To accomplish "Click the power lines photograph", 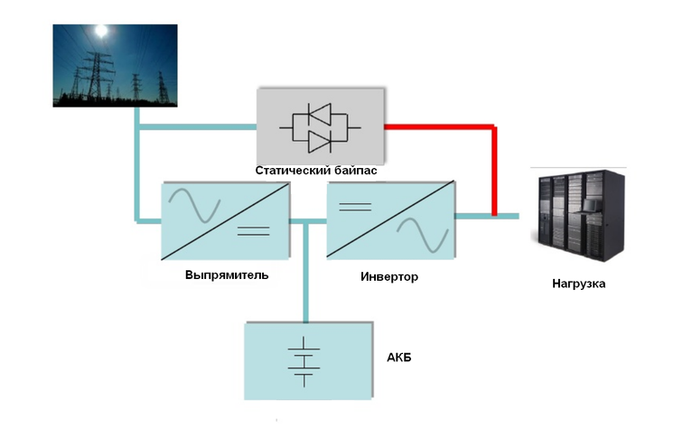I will tap(114, 66).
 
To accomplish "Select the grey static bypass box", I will tap(320, 125).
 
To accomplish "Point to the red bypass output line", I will tap(494, 163).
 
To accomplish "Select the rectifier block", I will tap(225, 220).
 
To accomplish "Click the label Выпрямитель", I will tap(226, 274).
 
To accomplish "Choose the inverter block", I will tap(389, 220).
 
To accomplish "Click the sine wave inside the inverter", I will tap(421, 234).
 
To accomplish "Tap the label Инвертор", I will tap(388, 276).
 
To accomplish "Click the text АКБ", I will tap(398, 359).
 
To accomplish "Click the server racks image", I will tap(578, 215).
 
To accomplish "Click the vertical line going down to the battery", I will tap(307, 271).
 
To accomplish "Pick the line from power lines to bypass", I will tap(199, 127).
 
